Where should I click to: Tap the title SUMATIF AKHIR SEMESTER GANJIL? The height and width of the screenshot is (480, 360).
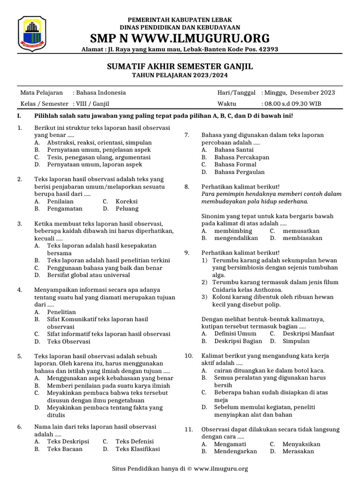[x=180, y=67]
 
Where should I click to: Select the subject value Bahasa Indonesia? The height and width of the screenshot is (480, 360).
[x=101, y=93]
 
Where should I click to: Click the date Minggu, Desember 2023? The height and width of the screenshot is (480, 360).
[x=300, y=93]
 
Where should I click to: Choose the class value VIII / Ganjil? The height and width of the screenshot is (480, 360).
[x=92, y=104]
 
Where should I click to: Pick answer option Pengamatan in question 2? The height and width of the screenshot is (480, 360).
[x=65, y=209]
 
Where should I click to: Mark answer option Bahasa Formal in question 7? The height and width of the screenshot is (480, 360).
[x=235, y=165]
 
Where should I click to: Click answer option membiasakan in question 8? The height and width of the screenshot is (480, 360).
[x=302, y=238]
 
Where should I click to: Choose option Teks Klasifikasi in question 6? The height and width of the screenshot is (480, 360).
[x=138, y=449]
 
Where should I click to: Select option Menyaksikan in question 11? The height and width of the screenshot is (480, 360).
[x=301, y=444]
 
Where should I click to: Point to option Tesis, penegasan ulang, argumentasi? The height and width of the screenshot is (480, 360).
[x=98, y=157]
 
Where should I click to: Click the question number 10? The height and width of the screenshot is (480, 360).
[x=188, y=356]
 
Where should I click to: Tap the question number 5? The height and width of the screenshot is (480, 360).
[x=20, y=356]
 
